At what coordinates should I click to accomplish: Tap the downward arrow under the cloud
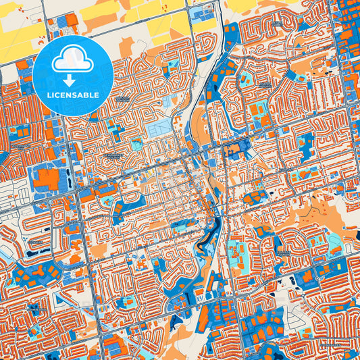(72, 79)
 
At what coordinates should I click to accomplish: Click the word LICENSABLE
(72, 95)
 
